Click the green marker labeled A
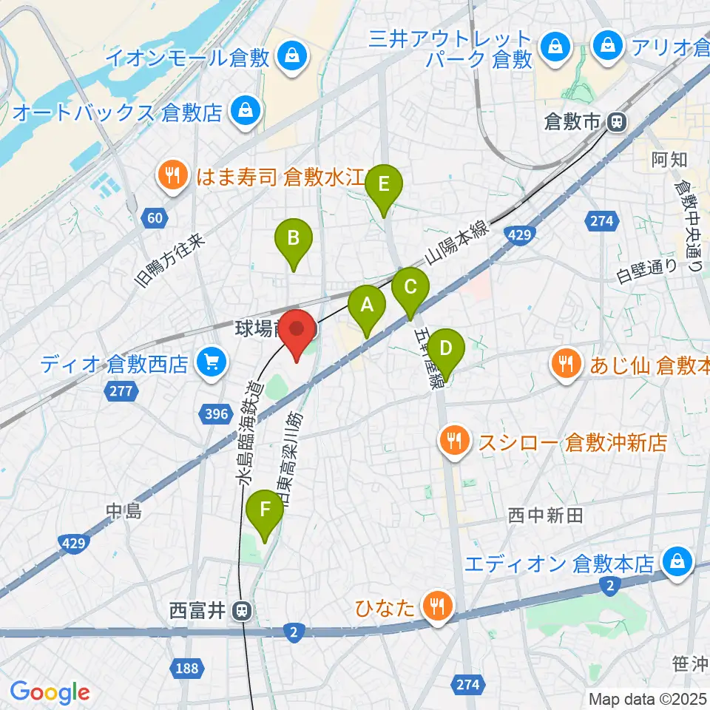[367, 305]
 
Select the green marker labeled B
[294, 240]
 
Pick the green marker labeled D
[445, 348]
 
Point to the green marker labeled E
[383, 184]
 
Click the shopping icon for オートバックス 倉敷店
[242, 112]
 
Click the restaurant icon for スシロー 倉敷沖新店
[453, 442]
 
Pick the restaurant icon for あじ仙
[566, 363]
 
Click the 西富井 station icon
[240, 612]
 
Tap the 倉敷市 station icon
[615, 123]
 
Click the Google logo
[50, 692]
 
